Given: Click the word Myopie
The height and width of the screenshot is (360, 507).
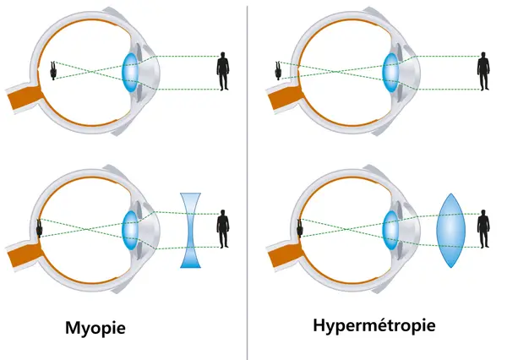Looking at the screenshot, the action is click(x=95, y=328).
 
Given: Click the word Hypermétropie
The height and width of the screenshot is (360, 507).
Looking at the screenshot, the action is click(x=374, y=325).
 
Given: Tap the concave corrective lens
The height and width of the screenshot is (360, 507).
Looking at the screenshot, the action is click(x=190, y=231).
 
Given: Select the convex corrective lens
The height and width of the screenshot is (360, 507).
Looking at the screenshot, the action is click(x=450, y=231).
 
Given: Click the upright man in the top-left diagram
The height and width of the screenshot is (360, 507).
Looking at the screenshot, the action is click(x=223, y=71).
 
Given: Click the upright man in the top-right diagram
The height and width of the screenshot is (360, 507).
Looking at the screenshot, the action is click(x=483, y=71).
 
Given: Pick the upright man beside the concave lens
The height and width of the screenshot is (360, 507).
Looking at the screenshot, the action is click(x=223, y=229).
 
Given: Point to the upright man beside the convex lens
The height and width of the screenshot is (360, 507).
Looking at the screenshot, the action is click(x=483, y=229).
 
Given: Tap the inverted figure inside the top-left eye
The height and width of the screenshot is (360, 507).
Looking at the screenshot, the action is click(x=53, y=71).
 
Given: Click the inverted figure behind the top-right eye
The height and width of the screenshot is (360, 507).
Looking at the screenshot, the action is click(x=278, y=71).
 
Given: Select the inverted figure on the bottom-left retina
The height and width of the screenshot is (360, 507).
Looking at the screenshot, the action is click(x=40, y=228).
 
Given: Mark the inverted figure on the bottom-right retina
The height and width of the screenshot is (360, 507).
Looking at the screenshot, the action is click(x=300, y=228).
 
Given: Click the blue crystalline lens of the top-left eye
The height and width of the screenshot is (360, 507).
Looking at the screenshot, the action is click(x=130, y=73).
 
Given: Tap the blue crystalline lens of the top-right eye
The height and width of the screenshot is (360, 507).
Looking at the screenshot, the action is click(x=390, y=73).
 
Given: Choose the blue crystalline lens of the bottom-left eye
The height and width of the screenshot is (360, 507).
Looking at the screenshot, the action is click(x=130, y=231).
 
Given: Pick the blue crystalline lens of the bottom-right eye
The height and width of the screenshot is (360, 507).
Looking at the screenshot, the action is click(x=390, y=231).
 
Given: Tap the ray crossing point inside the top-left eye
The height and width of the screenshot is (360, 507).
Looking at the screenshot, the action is click(x=93, y=71).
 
